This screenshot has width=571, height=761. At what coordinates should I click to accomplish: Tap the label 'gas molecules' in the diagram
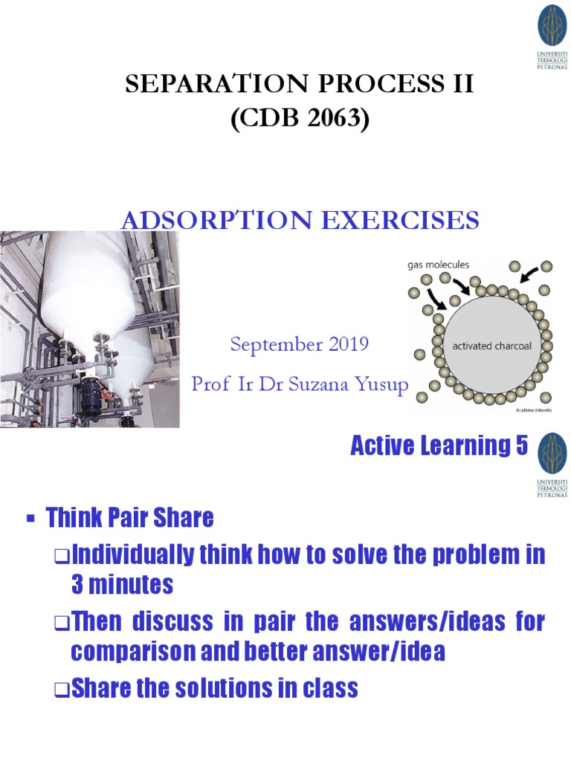tap(439, 265)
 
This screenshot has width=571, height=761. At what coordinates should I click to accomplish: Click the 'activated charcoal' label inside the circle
tap(493, 346)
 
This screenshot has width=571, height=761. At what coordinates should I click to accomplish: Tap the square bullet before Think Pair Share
tap(30, 519)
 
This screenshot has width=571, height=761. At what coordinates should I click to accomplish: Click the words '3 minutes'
tap(122, 585)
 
